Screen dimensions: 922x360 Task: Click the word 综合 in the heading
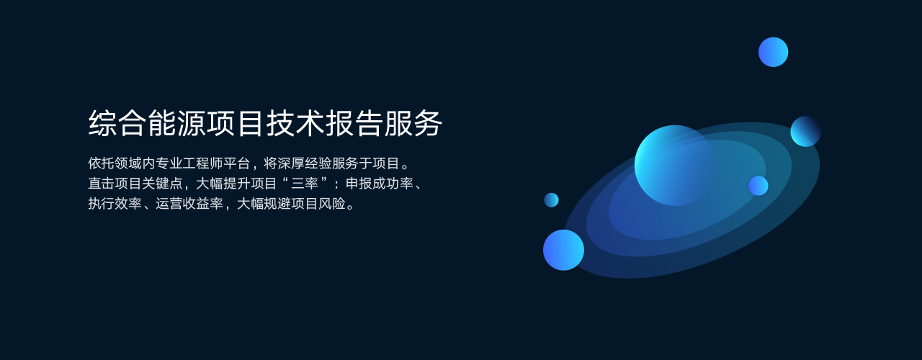[117, 123]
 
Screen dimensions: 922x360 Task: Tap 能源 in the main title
[177, 123]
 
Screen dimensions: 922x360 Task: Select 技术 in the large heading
[295, 123]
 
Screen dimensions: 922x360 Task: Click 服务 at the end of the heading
[413, 123]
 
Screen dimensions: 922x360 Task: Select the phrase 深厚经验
[305, 163]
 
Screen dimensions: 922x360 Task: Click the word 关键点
[162, 184]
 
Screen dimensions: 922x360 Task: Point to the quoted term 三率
[305, 184]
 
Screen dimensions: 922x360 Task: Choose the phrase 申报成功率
[379, 184]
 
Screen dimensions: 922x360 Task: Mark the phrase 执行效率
[115, 204]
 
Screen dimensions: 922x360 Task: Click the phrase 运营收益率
[189, 204]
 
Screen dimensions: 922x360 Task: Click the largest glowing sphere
[675, 166]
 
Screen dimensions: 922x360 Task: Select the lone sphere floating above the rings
[774, 53]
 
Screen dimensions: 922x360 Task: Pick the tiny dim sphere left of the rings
[552, 200]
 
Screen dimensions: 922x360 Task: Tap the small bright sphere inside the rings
[758, 186]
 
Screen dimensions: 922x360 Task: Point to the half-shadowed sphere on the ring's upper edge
[805, 131]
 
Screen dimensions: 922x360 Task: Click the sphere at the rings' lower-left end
[563, 250]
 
